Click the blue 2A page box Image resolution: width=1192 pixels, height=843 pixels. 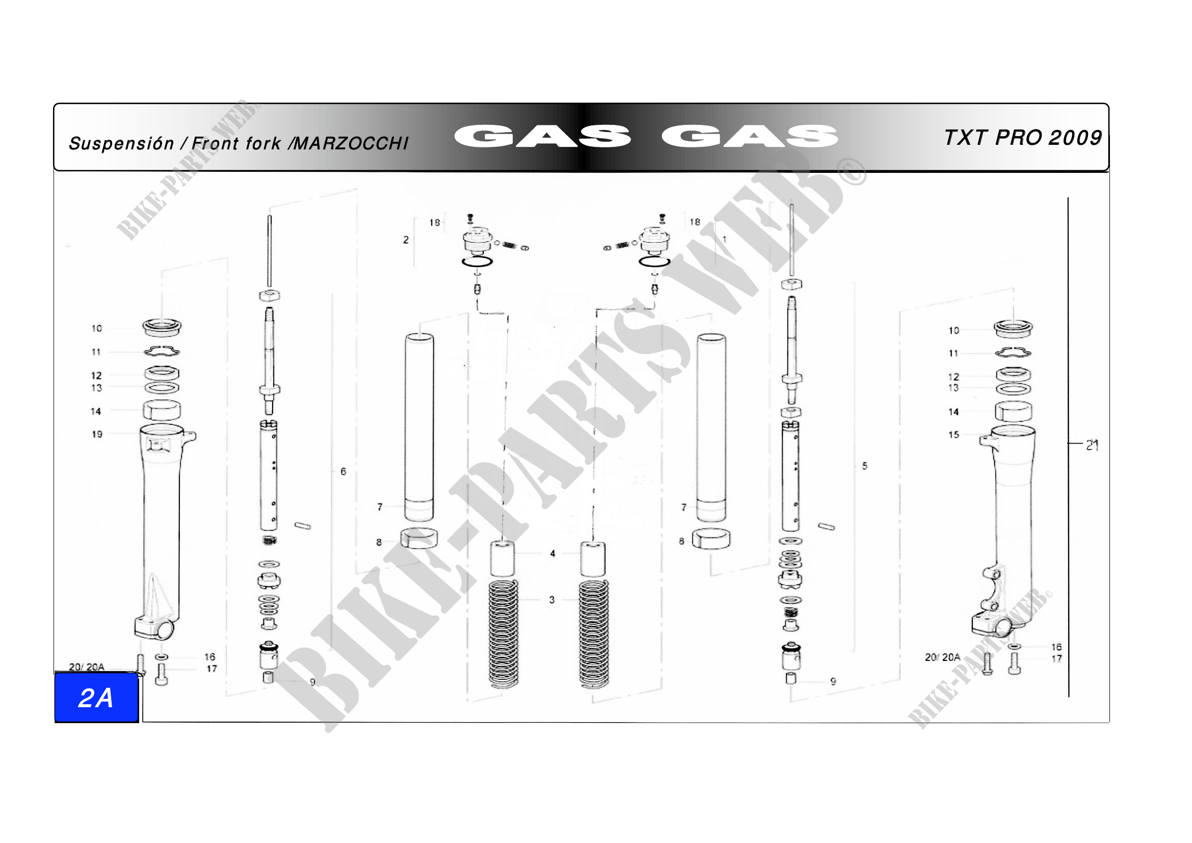[x=96, y=698]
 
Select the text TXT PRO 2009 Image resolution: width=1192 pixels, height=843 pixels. [x=1022, y=138]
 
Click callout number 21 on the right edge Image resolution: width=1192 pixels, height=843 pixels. [x=1092, y=445]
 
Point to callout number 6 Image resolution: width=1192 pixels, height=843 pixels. [x=343, y=472]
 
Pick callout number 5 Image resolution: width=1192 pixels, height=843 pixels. [x=864, y=466]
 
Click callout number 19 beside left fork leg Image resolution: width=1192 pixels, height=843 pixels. [x=97, y=434]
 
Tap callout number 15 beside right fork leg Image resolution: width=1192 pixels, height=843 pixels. [x=953, y=435]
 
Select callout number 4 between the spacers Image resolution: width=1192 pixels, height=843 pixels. [x=552, y=554]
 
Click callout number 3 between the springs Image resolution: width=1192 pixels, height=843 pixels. [x=552, y=600]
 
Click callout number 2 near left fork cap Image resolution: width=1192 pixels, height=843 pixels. [x=406, y=240]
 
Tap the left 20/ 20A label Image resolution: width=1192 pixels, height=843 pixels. [x=87, y=667]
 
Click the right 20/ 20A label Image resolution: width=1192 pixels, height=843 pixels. [x=942, y=657]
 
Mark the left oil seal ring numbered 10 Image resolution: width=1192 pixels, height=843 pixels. [x=162, y=327]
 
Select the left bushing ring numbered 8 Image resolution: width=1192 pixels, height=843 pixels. [x=418, y=539]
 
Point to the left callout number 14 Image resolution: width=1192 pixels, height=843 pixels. [x=96, y=412]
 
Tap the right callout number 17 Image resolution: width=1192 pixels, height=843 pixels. [x=1056, y=658]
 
